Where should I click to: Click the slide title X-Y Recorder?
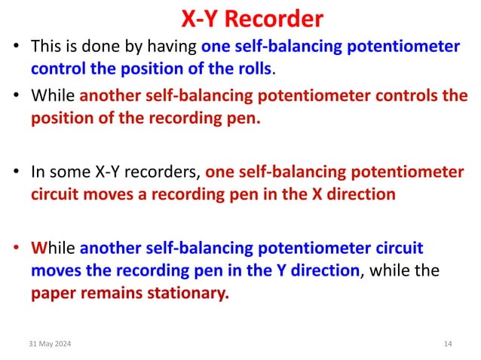(242, 18)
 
